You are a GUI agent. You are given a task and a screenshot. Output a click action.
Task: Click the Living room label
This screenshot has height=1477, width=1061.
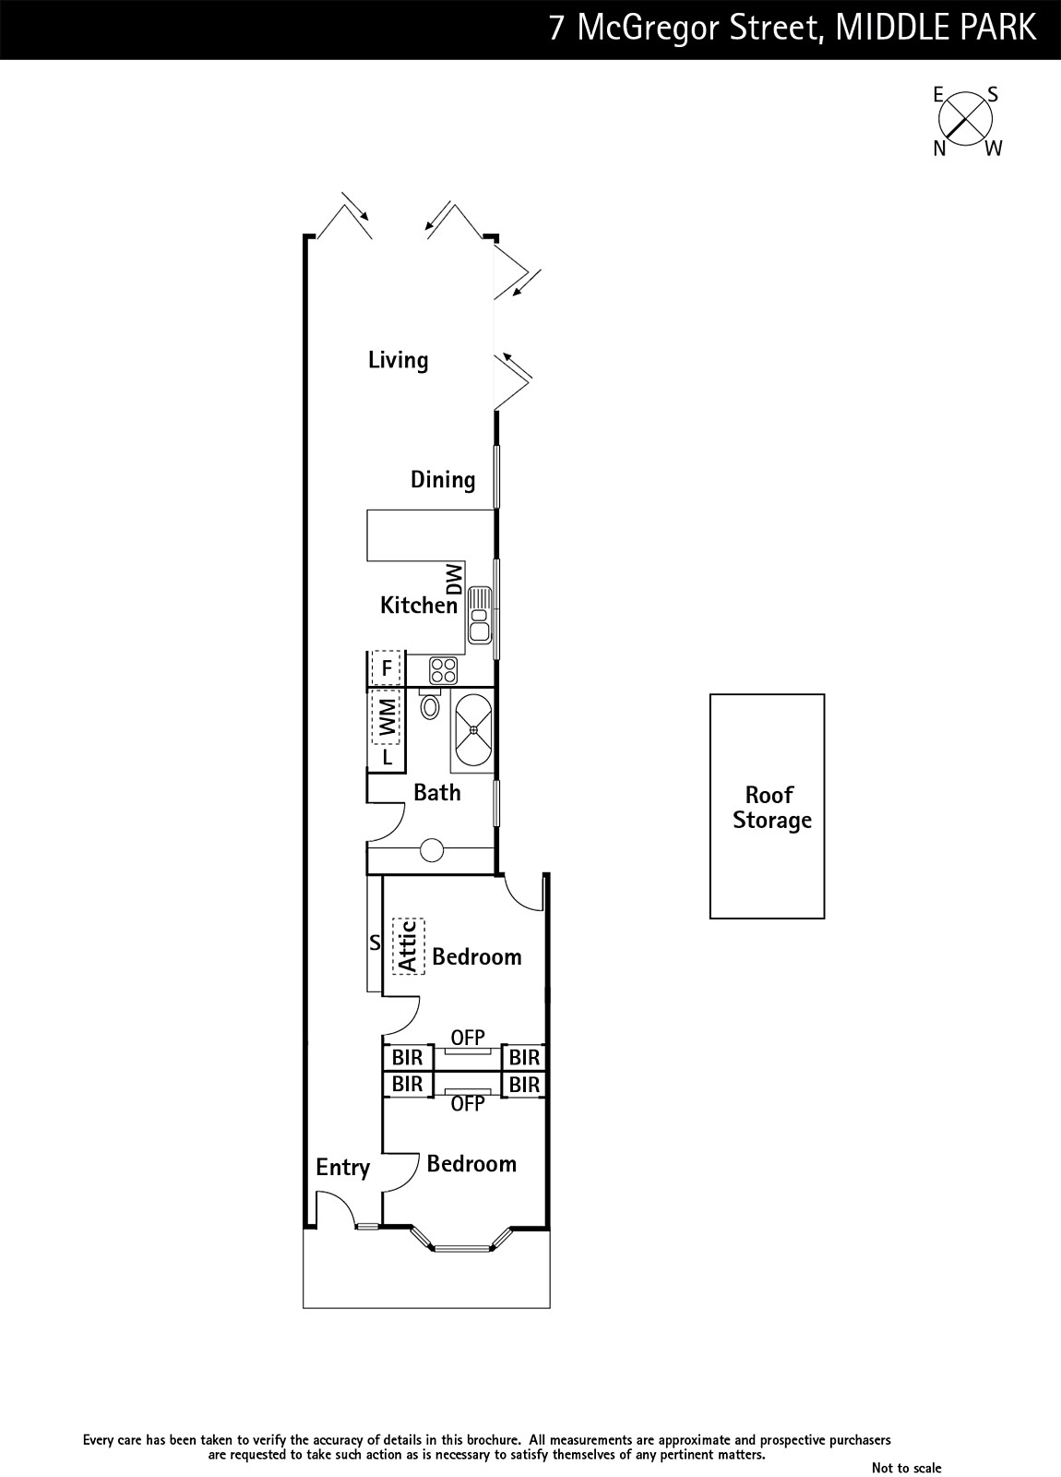coord(398,360)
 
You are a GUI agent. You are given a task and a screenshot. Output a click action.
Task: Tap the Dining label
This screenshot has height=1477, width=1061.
coord(443,479)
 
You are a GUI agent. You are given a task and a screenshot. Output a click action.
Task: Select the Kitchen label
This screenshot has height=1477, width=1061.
coord(419,605)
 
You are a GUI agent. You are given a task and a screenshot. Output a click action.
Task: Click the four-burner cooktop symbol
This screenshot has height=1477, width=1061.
coord(443,670)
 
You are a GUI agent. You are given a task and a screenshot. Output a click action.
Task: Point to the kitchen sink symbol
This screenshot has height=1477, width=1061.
coord(480,615)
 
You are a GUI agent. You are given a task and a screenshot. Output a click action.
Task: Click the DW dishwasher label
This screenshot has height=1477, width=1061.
coord(455,579)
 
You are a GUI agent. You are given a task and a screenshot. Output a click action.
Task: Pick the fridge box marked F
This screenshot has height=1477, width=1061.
coord(387,668)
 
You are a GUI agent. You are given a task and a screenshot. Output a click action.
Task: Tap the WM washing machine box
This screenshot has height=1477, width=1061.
coord(387,717)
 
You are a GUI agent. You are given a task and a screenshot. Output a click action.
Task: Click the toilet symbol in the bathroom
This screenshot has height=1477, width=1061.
coord(430,704)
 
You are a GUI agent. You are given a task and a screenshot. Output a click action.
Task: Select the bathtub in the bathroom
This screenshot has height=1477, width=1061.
coord(472,730)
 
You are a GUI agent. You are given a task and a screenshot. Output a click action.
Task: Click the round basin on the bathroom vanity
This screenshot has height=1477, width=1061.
coord(432,850)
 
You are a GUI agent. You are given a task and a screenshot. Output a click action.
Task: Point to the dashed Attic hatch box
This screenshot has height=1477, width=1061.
coord(409,946)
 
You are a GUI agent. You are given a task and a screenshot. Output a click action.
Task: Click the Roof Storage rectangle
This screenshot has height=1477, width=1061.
coord(767,806)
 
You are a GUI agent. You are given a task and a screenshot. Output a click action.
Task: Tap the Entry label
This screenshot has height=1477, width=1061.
coord(342,1167)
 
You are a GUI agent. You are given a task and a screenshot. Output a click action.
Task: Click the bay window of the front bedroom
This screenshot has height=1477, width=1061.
coord(462,1238)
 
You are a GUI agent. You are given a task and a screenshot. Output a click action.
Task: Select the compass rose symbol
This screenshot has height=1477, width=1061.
coord(965,120)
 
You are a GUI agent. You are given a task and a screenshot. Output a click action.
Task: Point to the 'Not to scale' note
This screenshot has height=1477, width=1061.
coord(906,1467)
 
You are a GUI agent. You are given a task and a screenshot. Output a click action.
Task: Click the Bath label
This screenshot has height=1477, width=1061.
coord(437,792)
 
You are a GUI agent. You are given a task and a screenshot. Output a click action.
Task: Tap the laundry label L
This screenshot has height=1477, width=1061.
coord(387,758)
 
